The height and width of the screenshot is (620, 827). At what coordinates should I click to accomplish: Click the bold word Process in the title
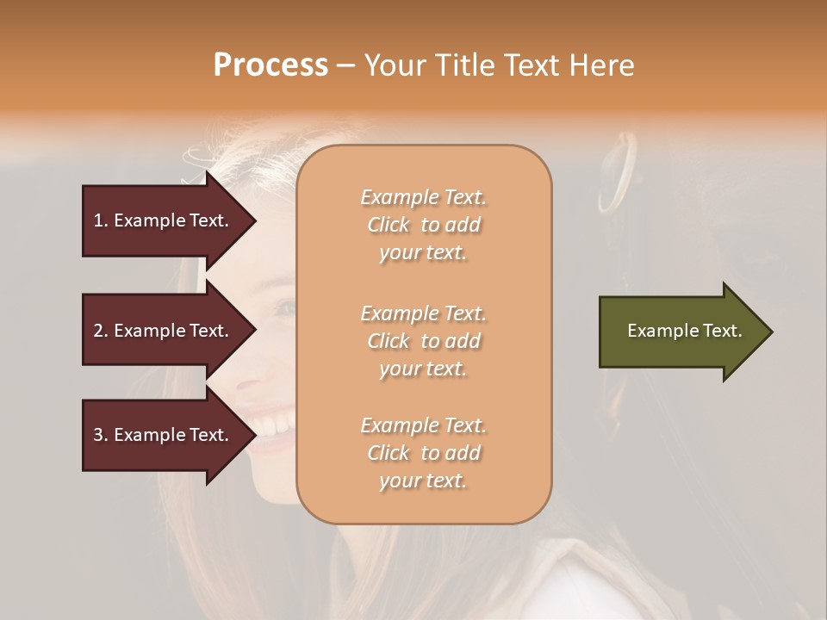(x=270, y=65)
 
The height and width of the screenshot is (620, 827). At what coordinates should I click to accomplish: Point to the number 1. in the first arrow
(x=101, y=220)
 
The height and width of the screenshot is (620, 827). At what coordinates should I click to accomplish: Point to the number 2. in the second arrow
(x=101, y=331)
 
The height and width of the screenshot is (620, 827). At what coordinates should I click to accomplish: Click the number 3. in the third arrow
(x=101, y=435)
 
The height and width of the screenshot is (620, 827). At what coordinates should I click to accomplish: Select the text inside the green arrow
(x=684, y=331)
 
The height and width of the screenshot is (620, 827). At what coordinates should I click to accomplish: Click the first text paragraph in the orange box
(x=423, y=225)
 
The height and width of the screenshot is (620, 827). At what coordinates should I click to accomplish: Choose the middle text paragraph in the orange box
(x=423, y=341)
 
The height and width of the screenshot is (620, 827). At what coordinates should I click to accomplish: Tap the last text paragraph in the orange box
(x=423, y=453)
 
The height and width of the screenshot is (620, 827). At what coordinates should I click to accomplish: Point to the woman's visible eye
(x=284, y=307)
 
